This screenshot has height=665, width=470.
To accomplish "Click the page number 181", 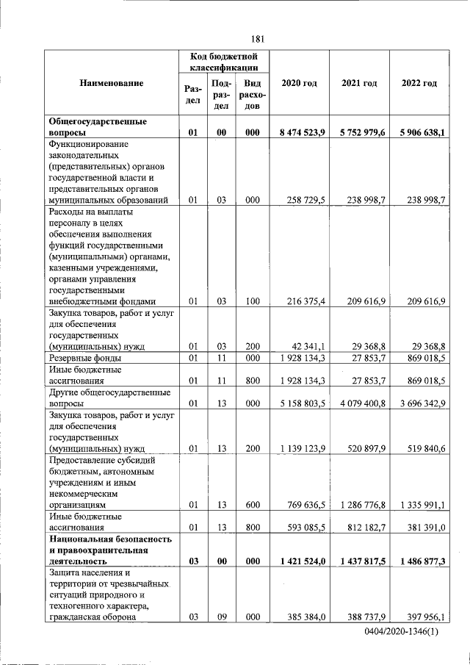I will (x=257, y=39).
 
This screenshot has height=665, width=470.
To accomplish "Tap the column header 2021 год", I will (x=359, y=83).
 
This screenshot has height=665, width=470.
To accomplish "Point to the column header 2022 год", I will (x=419, y=83).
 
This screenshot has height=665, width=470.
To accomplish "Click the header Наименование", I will (x=112, y=83).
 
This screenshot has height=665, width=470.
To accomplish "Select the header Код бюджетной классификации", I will (x=225, y=62).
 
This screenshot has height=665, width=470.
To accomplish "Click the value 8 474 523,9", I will (x=302, y=133).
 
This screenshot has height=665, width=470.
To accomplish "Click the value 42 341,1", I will (x=309, y=345).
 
